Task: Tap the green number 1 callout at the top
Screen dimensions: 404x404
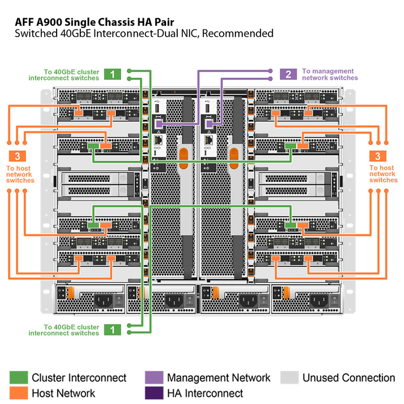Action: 113,74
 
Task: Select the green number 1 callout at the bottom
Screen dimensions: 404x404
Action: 113,330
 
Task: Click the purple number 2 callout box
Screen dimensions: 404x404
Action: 288,74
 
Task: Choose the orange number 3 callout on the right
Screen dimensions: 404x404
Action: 378,156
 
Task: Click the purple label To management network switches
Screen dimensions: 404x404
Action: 330,75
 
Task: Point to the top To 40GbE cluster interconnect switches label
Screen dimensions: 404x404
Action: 64,75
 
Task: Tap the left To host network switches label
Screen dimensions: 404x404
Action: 20,174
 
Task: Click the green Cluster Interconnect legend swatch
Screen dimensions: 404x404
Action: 19,378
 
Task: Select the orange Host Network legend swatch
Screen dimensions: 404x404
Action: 19,393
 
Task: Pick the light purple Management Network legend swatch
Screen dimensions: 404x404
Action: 154,378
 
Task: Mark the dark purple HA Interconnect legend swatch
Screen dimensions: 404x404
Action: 154,393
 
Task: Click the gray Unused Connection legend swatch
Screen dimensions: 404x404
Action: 289,378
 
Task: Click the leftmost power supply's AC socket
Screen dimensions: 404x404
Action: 103,301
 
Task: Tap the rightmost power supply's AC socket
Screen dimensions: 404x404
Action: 319,301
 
